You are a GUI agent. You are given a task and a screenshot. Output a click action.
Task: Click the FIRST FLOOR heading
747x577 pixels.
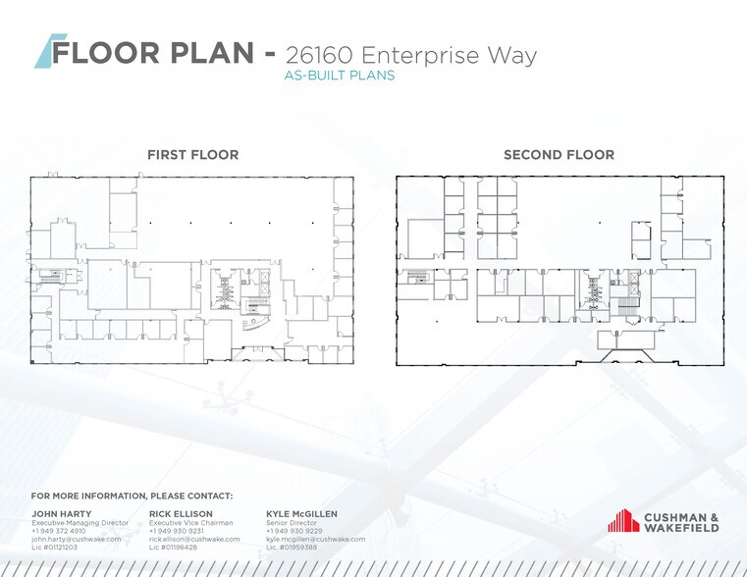[193, 155]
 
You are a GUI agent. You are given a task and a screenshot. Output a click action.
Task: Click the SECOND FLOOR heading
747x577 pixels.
[559, 155]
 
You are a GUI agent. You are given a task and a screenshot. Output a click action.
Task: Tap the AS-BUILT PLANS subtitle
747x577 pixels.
[340, 76]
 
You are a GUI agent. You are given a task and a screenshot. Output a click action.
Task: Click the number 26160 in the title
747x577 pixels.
[319, 55]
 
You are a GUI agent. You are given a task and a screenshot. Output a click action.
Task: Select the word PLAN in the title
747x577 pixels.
[212, 52]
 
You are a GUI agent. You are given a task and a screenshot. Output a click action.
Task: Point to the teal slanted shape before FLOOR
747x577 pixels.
[49, 51]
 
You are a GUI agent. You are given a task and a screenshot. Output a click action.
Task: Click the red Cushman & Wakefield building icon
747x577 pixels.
[623, 520]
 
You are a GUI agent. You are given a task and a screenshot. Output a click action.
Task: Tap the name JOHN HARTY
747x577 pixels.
[62, 514]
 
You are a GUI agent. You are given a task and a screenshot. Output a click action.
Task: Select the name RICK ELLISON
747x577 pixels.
[181, 514]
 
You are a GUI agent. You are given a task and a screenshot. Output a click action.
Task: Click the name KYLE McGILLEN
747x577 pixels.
[301, 514]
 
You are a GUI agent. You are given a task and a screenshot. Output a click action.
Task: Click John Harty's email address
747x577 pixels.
[77, 540]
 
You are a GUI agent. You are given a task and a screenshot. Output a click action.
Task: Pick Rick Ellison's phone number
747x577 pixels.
[177, 531]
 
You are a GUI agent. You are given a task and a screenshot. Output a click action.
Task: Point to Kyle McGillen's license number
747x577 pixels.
[292, 548]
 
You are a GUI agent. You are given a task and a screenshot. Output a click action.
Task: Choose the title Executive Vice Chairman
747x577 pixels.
[191, 523]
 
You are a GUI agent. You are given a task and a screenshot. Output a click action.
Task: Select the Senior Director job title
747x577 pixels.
[292, 523]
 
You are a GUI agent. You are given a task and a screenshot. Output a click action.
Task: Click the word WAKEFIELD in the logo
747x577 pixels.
[682, 528]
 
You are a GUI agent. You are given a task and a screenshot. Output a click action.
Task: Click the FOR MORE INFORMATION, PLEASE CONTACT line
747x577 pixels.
[132, 497]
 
